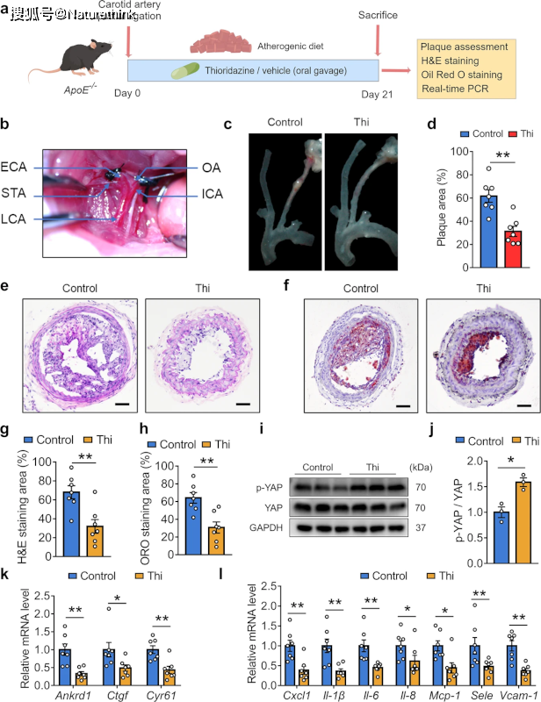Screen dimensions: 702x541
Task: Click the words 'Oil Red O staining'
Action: click(460, 75)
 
